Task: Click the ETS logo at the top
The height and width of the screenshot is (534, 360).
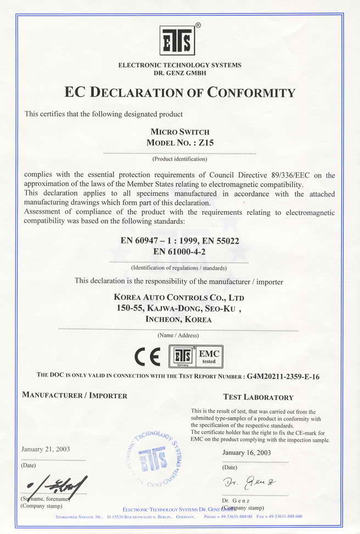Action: tap(177, 40)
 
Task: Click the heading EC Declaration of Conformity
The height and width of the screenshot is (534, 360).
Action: tap(180, 92)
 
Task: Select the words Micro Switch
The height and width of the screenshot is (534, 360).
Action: tap(179, 132)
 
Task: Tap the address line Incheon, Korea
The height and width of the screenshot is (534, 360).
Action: tap(178, 319)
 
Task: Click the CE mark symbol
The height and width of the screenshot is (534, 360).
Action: tap(148, 357)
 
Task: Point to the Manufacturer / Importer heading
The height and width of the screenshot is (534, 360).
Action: tap(74, 395)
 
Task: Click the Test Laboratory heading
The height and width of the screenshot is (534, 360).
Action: tap(258, 397)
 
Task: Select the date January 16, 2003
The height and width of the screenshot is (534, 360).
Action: tap(246, 453)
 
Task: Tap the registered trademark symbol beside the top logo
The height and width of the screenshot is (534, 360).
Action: tap(198, 25)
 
